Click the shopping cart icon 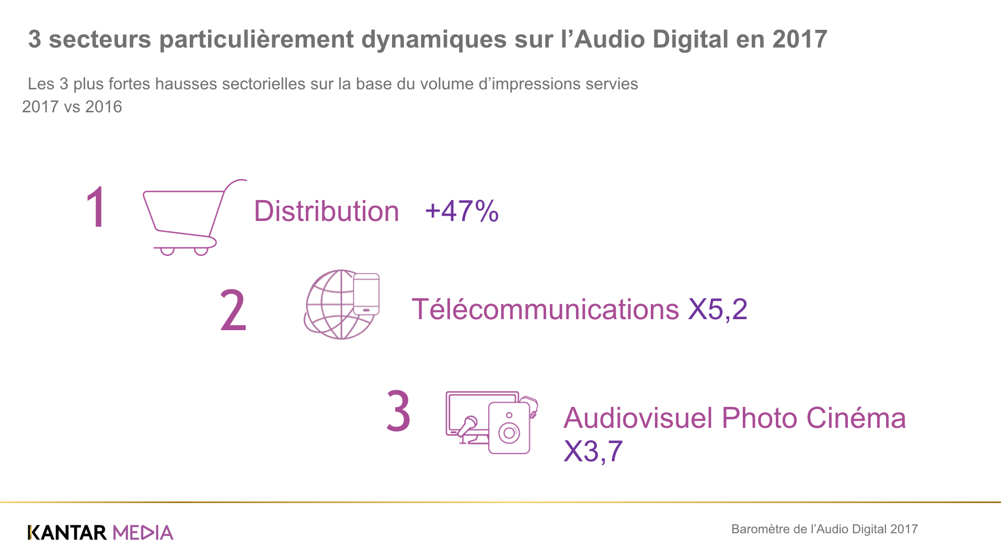point(191,217)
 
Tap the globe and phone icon point(341,305)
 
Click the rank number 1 point(96,208)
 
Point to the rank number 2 point(233,310)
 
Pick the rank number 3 point(398,412)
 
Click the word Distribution point(326,212)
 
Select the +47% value point(462,211)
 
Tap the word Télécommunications point(545,309)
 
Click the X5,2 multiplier point(718,309)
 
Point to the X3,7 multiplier point(593,451)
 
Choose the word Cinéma point(856,418)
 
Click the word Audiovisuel point(638,418)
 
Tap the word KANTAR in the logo point(67,533)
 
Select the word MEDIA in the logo point(143,533)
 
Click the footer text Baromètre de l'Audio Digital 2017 point(824,529)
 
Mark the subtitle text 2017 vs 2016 point(72,107)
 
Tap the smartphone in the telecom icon point(366,294)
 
